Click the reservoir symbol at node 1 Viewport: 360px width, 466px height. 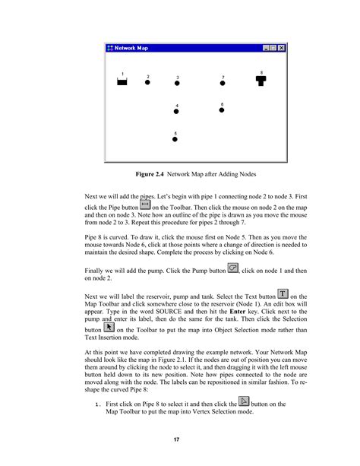122,82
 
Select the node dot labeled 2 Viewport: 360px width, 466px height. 147,83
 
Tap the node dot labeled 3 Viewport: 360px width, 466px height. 178,84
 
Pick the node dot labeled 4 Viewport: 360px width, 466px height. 176,112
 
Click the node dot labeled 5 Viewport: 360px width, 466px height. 175,139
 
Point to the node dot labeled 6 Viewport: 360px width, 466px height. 222,110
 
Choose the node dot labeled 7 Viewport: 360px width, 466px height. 223,84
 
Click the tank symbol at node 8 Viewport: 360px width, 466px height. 261,80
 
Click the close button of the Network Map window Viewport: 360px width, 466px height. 283,48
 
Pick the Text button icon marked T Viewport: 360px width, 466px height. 283,293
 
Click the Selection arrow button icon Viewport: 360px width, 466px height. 109,328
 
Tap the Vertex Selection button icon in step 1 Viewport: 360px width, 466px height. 245,401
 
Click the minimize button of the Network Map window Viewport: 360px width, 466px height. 267,48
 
